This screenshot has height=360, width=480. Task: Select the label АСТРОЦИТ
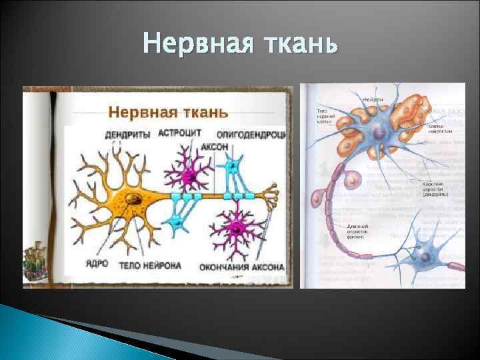coord(179,133)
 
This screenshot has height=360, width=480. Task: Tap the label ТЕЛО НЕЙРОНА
coord(150,265)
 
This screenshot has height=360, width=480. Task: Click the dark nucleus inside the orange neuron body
coord(135,197)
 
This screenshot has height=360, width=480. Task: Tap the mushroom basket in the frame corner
coord(33,263)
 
